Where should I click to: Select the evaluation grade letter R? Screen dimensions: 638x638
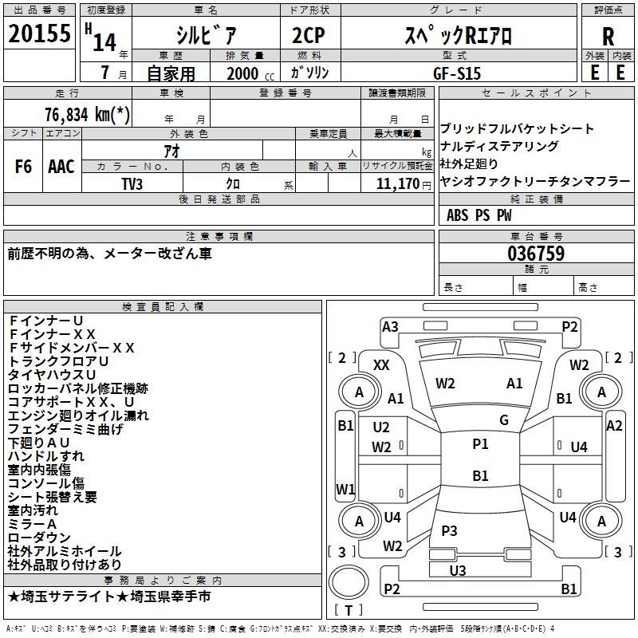click(x=608, y=36)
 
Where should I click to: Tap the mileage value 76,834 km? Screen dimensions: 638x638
click(x=88, y=115)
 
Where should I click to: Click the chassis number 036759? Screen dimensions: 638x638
click(x=536, y=254)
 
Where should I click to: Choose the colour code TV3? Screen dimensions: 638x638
click(x=132, y=183)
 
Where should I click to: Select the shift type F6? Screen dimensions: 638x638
click(x=24, y=167)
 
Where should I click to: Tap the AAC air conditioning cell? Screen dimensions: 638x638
click(x=61, y=167)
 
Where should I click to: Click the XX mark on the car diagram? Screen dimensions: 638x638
click(x=382, y=364)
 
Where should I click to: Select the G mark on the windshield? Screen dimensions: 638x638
click(x=504, y=420)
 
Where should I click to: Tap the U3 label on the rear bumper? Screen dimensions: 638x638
click(x=458, y=570)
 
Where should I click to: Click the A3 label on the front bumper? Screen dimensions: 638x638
click(x=390, y=326)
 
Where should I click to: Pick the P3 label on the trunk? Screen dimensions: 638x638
click(x=449, y=530)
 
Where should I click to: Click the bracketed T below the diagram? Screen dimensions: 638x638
click(x=349, y=610)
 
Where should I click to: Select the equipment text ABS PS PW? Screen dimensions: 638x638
click(x=479, y=215)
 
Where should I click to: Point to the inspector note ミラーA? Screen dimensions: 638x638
click(x=32, y=523)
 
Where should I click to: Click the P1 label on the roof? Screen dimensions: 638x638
click(x=480, y=444)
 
